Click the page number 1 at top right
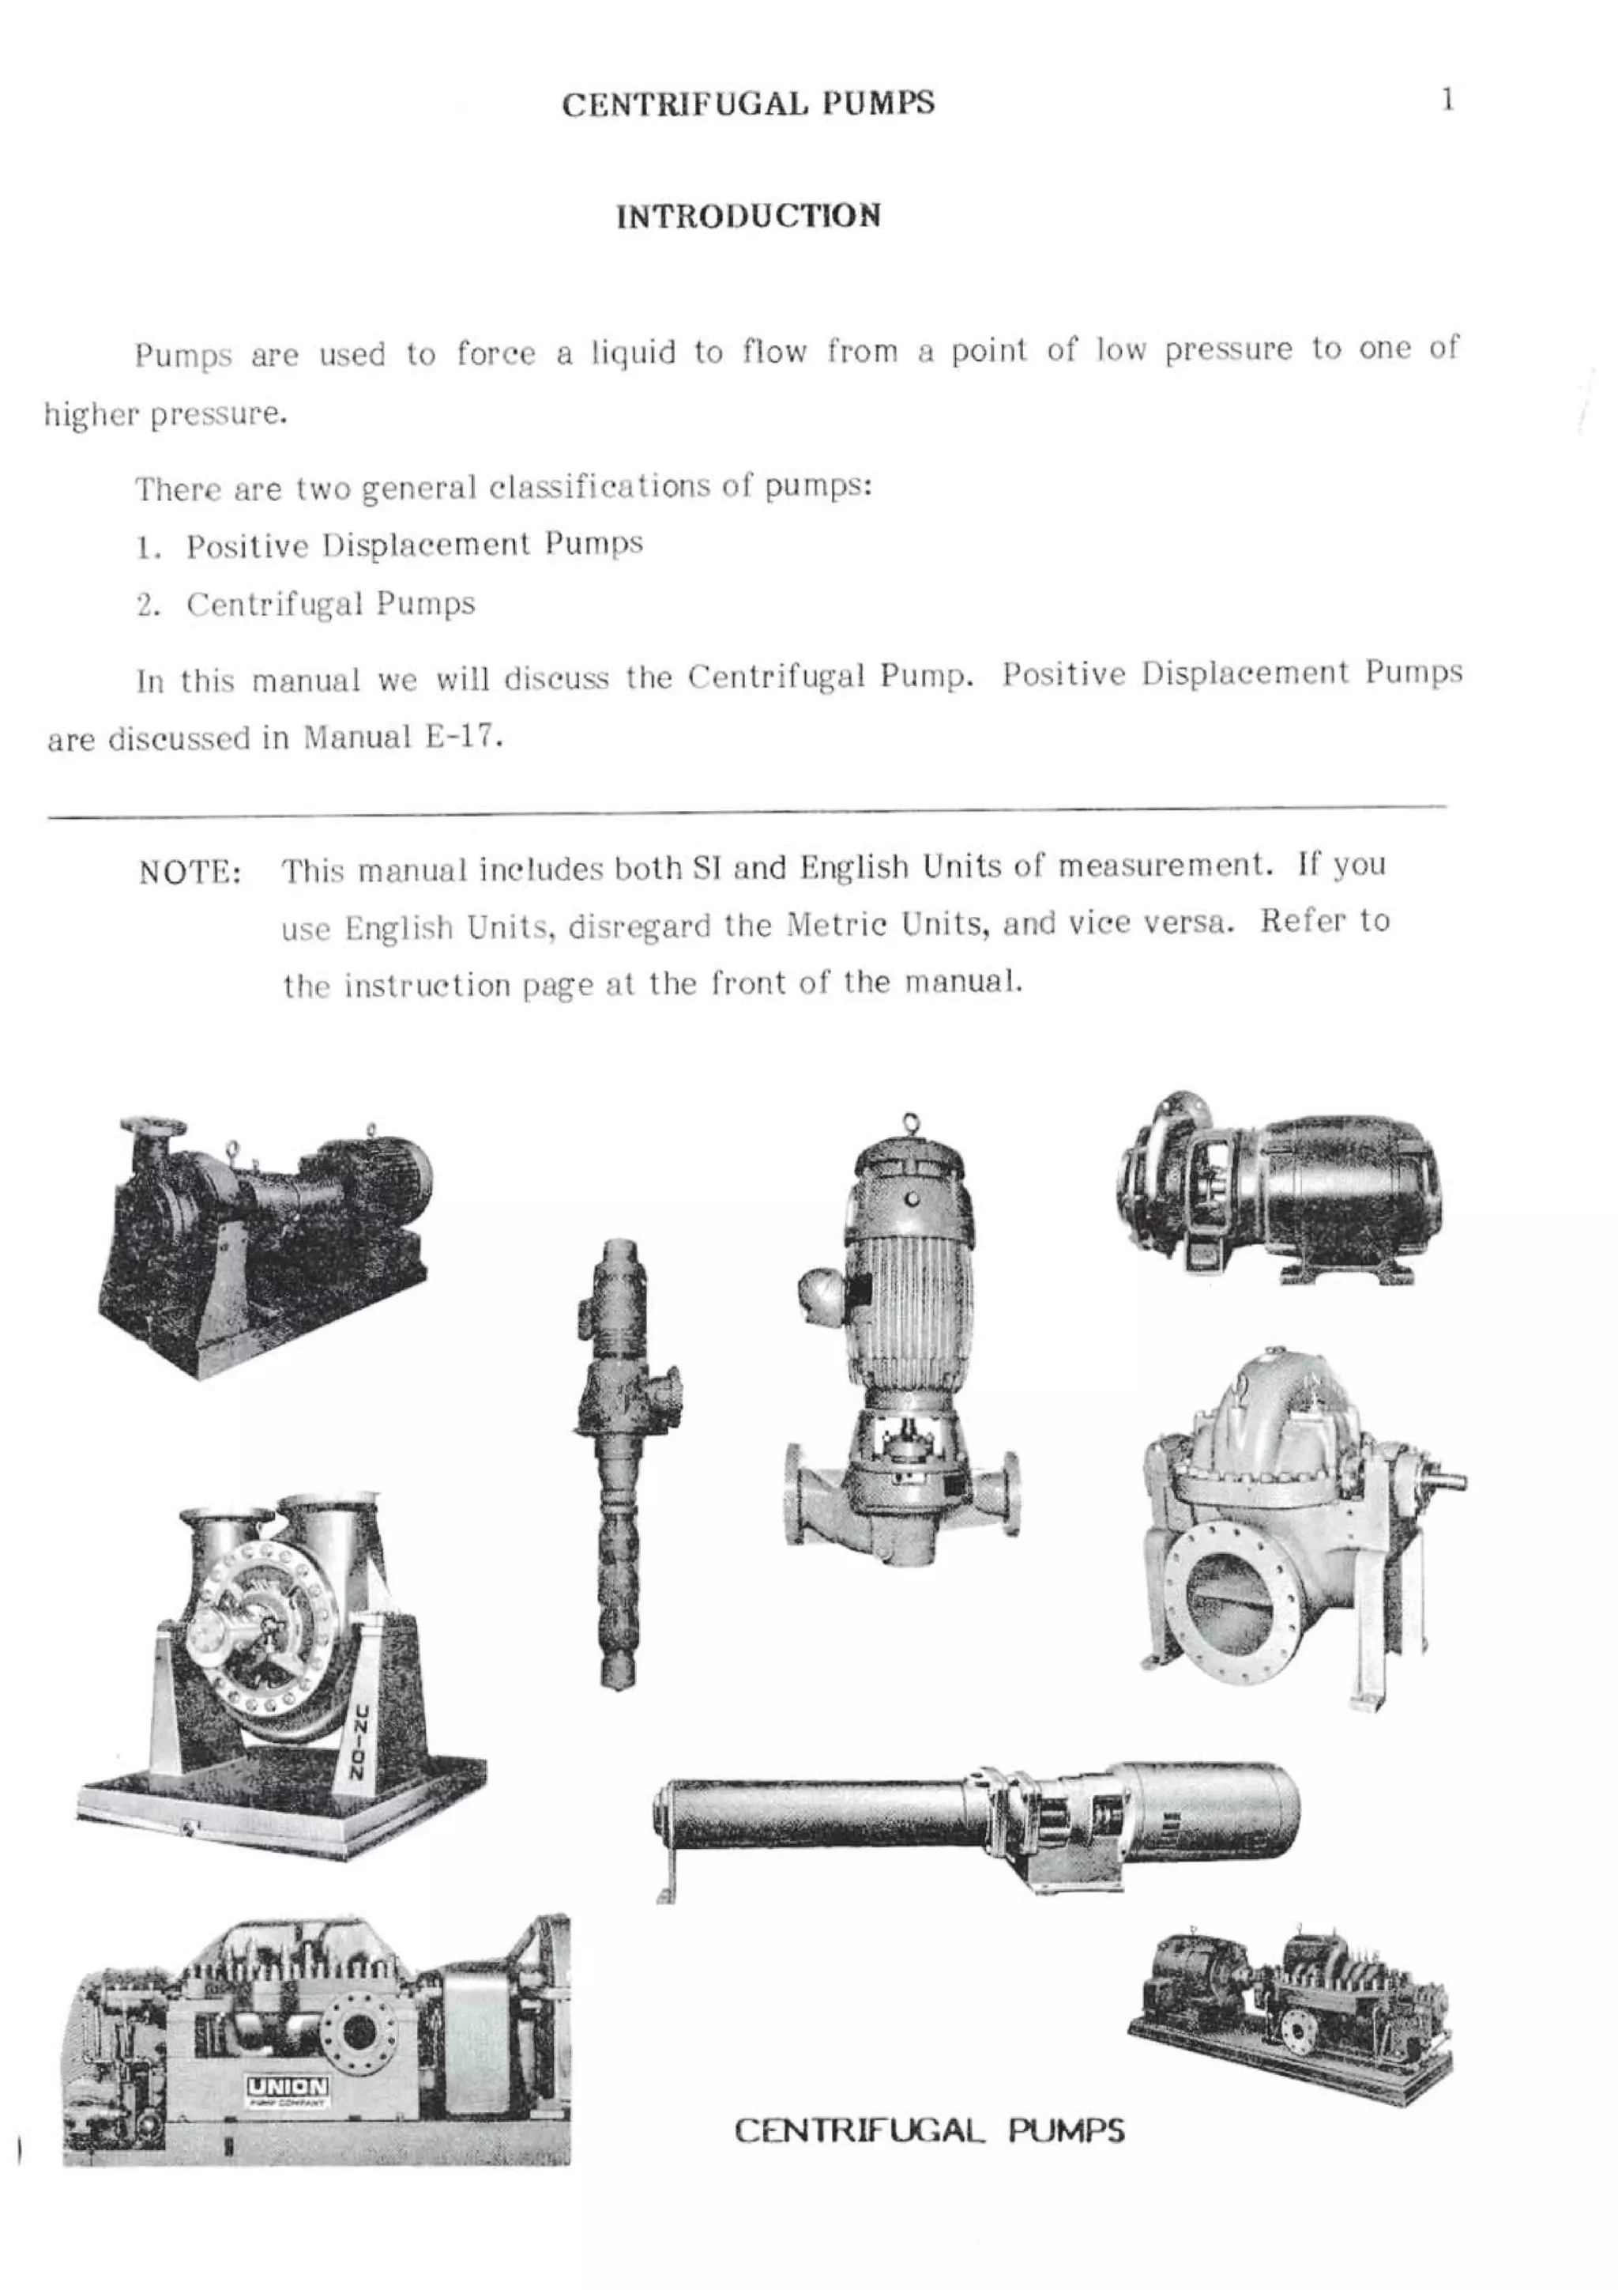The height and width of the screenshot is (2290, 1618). click(1447, 100)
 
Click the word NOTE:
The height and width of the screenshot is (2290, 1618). click(190, 873)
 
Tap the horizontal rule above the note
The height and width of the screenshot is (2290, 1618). click(747, 813)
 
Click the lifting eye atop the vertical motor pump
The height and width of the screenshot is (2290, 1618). click(909, 1121)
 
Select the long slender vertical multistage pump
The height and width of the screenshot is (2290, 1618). click(618, 1466)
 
